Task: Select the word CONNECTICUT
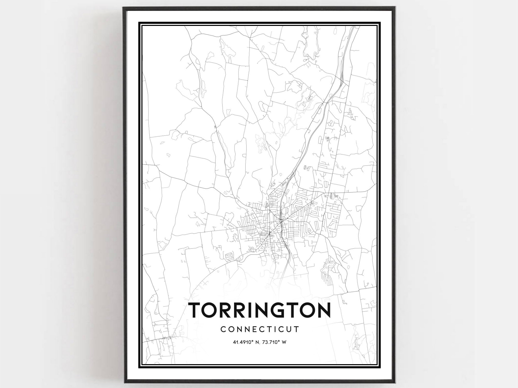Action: [x=260, y=329]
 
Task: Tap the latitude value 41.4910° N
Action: [x=246, y=342]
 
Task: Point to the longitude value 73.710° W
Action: [x=275, y=342]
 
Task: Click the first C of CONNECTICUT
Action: [x=223, y=329]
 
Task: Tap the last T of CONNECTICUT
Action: [x=297, y=329]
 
